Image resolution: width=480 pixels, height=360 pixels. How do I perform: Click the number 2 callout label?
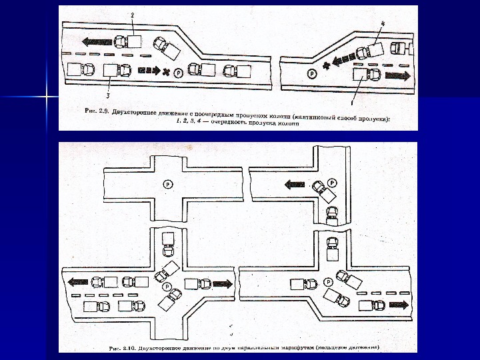[x=133, y=14]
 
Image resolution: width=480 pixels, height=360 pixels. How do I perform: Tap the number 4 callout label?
[x=382, y=23]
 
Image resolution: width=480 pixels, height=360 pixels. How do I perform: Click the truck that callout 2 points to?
[x=128, y=41]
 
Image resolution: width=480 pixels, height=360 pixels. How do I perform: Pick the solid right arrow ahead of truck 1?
[x=397, y=75]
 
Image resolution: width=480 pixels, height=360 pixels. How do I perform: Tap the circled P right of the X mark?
[x=178, y=72]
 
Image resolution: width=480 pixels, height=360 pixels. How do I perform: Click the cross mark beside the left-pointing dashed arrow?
[x=325, y=65]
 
